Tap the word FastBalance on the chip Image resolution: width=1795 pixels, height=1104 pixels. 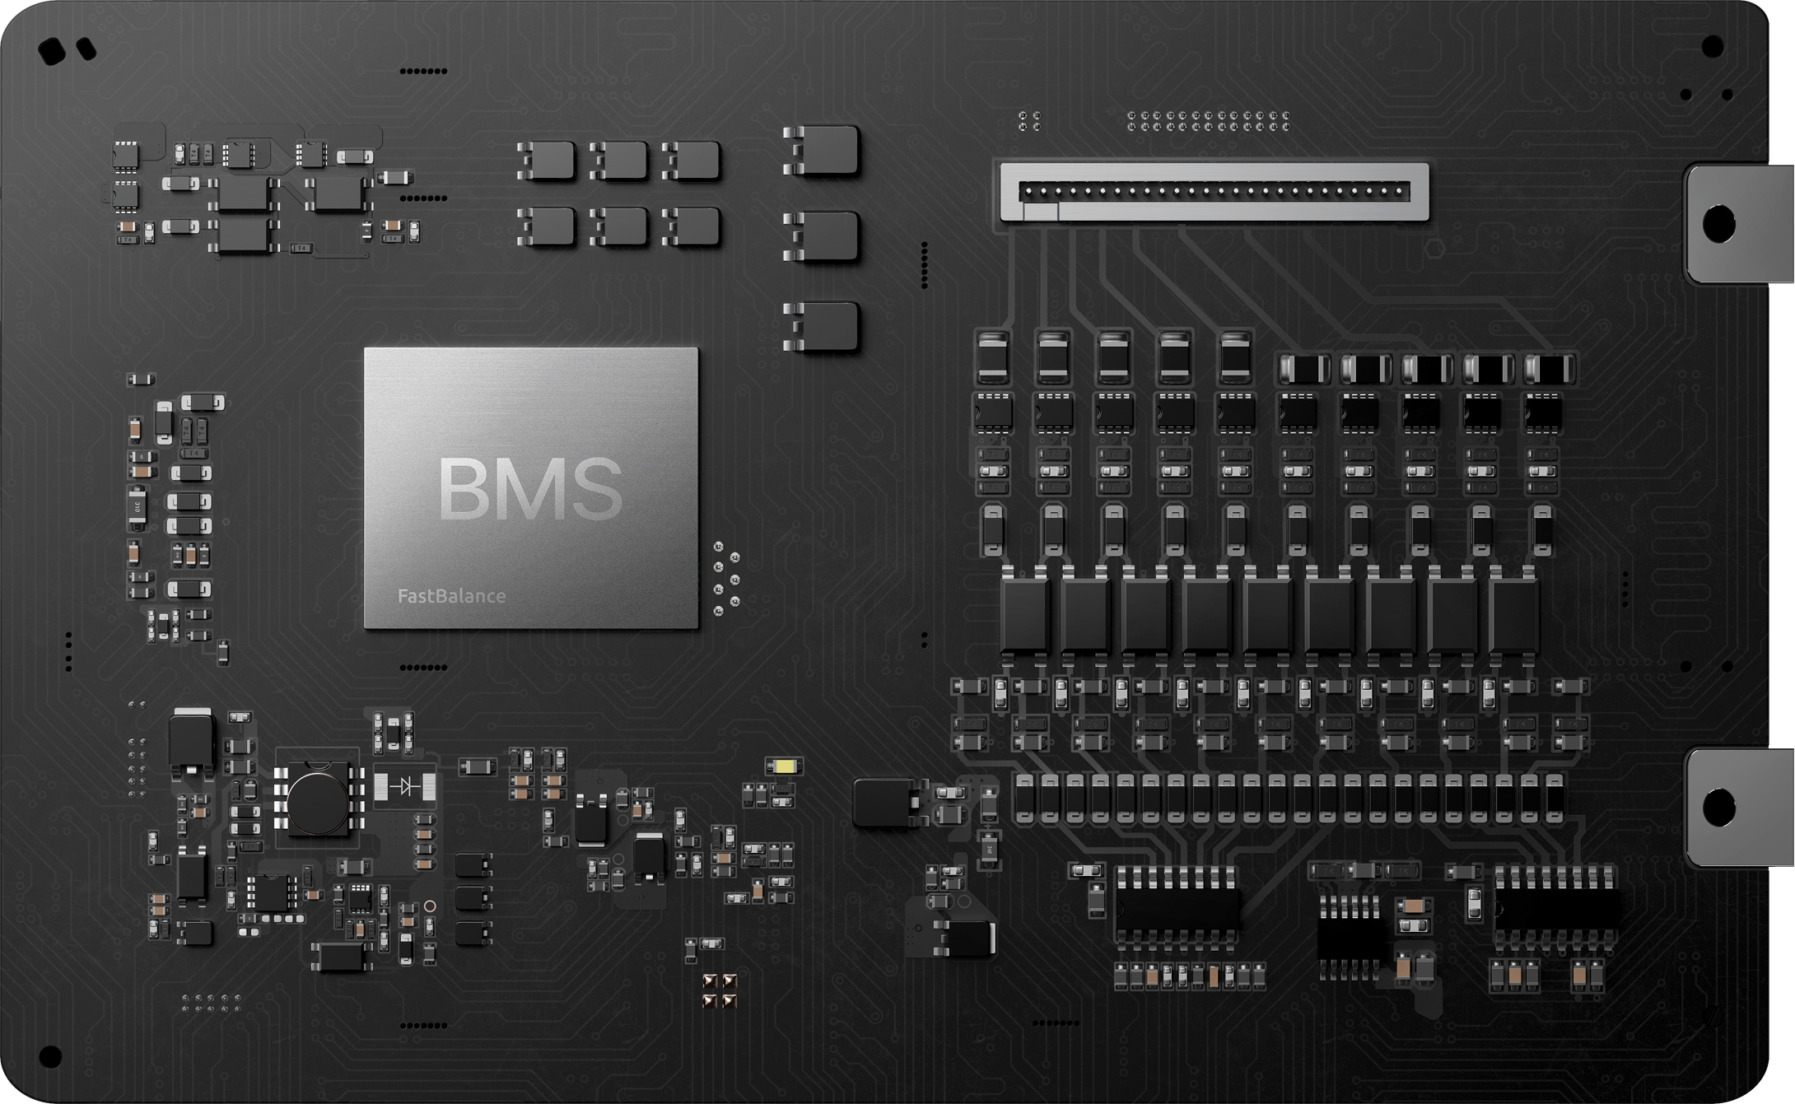point(451,596)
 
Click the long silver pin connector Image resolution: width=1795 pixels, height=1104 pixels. point(1214,192)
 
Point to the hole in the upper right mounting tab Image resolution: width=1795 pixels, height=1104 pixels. point(1718,223)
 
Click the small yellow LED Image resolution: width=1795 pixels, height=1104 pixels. point(783,766)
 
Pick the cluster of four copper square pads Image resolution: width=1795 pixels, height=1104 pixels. point(718,991)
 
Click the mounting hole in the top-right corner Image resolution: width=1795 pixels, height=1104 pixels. point(1712,46)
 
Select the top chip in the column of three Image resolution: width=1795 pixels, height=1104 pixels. point(824,150)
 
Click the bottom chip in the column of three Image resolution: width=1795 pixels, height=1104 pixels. point(824,326)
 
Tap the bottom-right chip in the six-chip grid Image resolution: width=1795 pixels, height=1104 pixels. point(692,226)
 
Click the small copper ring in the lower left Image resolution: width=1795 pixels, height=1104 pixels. point(429,906)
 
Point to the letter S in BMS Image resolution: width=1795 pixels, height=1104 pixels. point(590,488)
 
